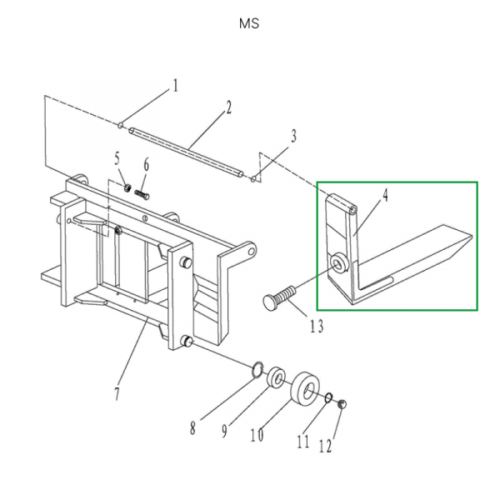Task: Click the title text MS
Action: point(249,24)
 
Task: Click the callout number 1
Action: point(176,85)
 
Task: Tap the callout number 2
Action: point(228,107)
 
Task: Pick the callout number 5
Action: point(117,158)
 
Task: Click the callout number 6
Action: point(147,164)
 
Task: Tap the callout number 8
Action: point(192,428)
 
